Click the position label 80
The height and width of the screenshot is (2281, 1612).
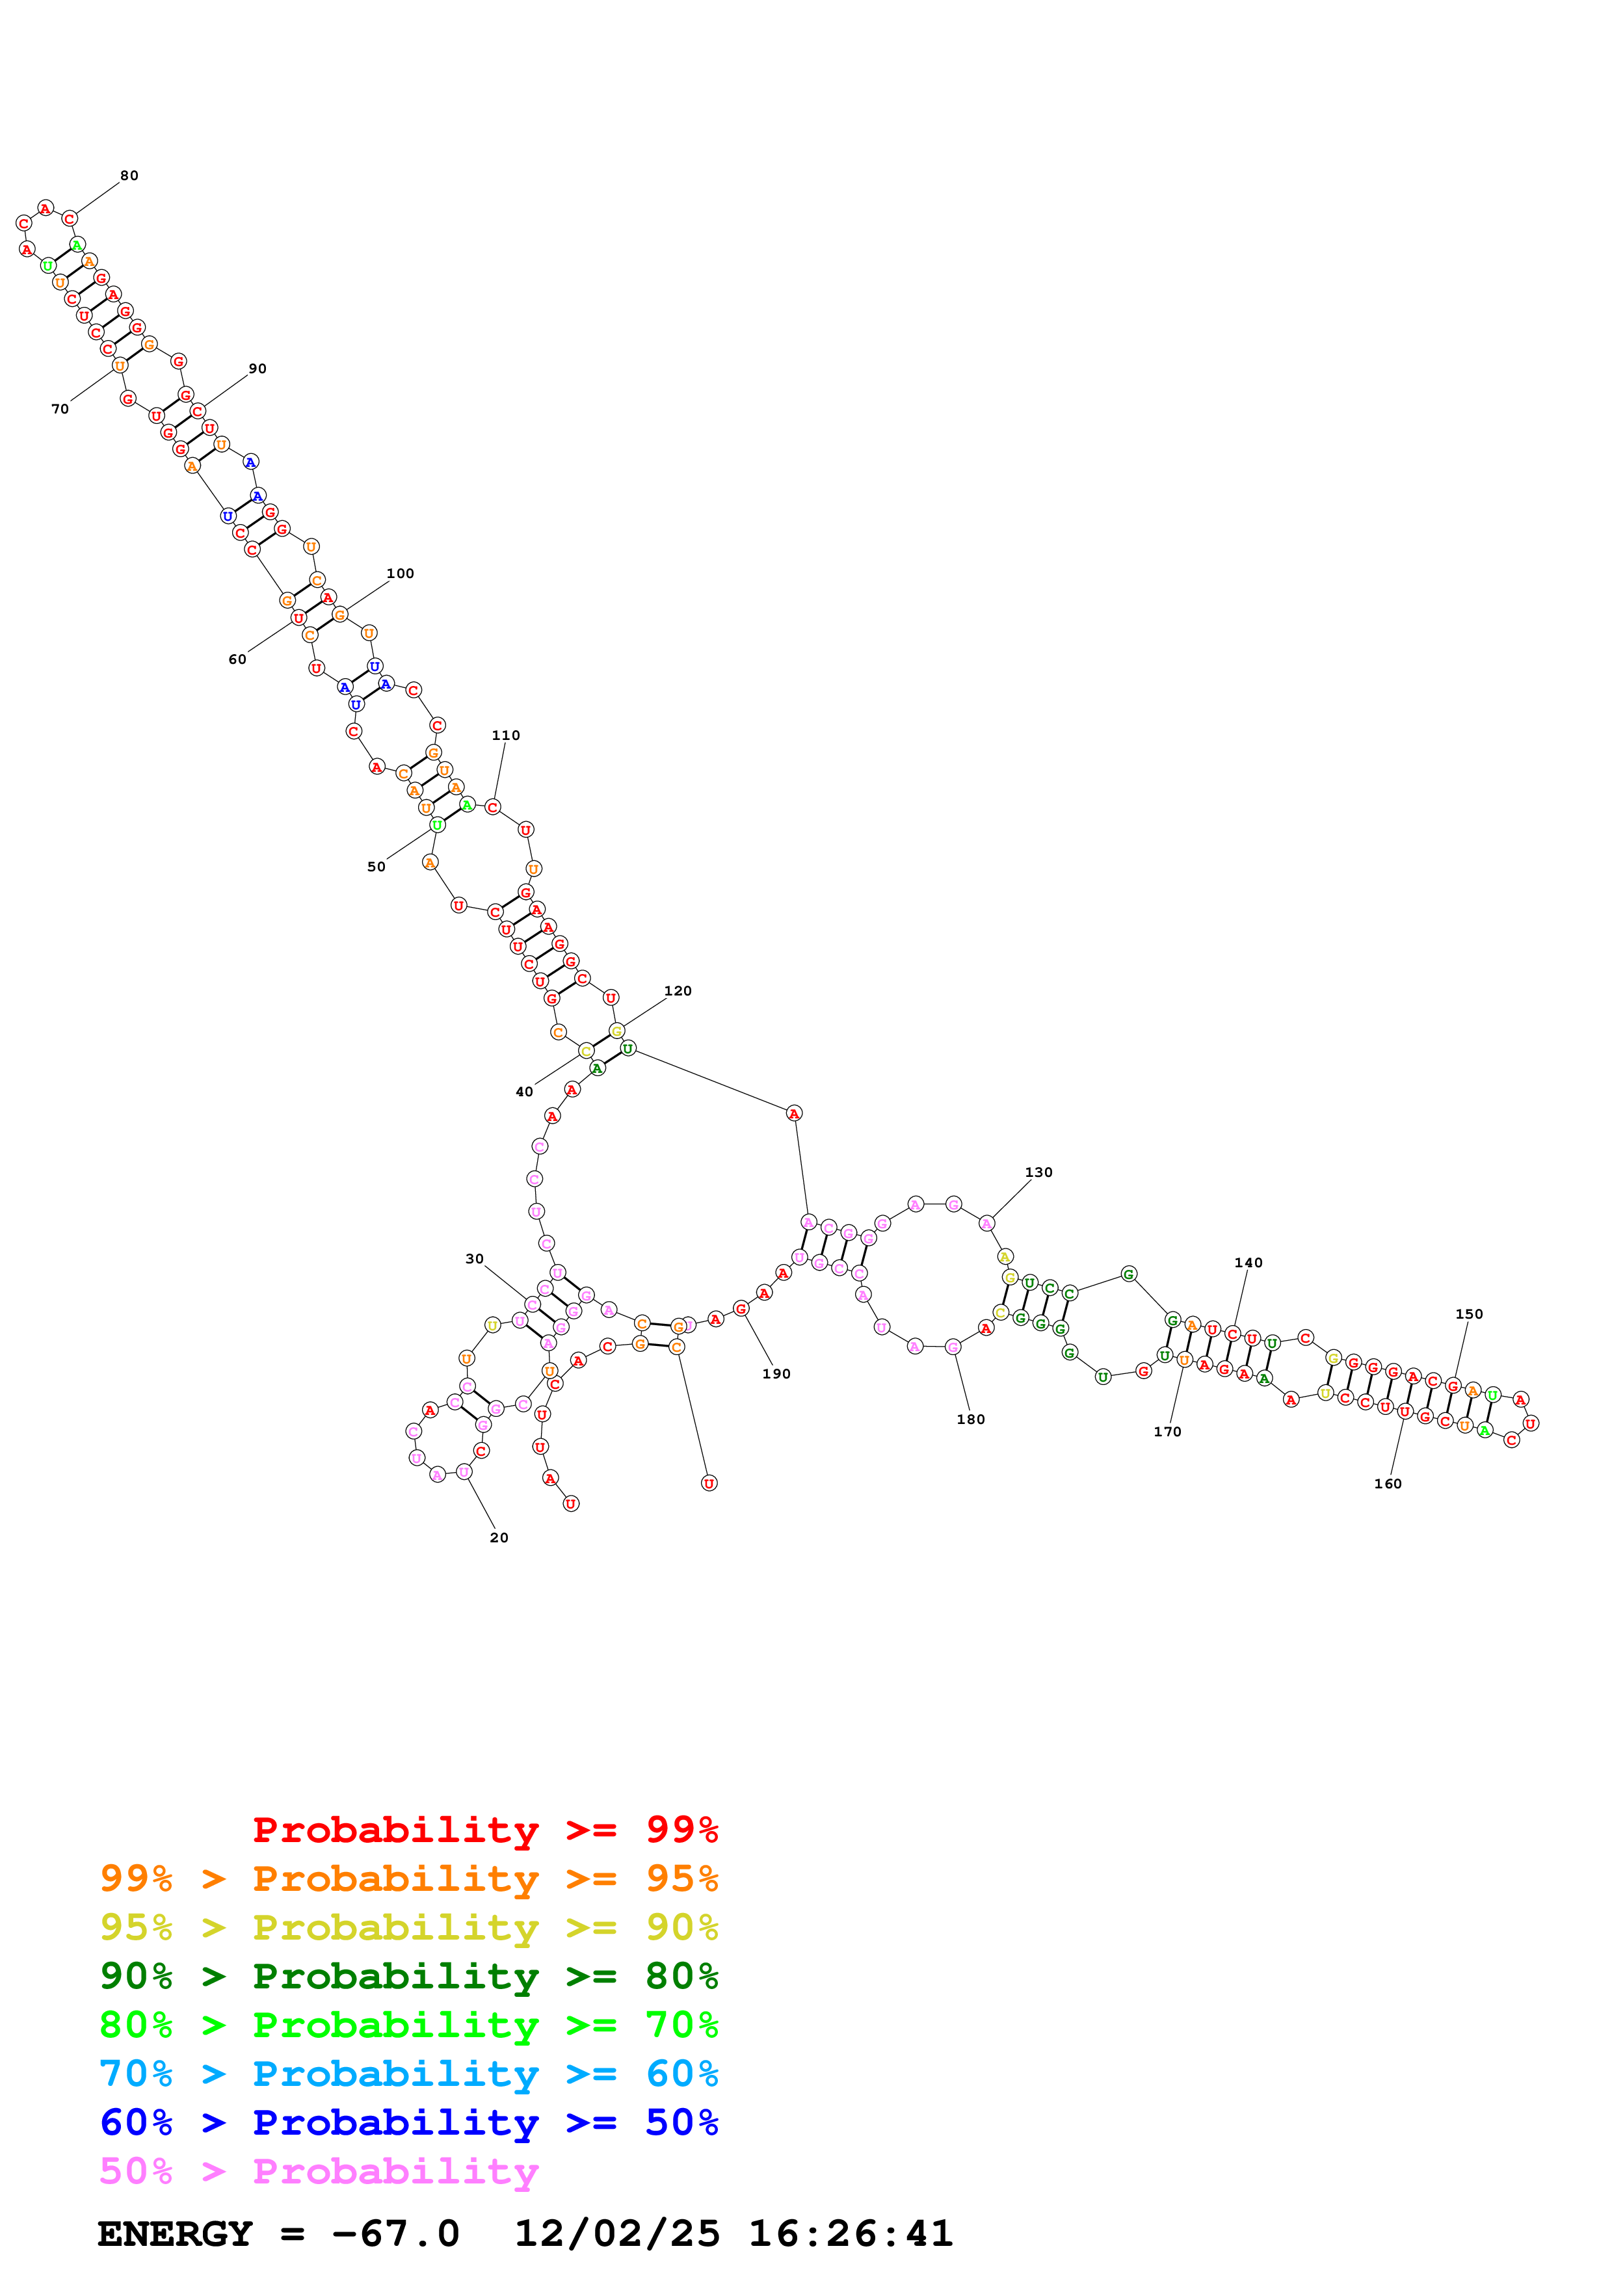pyautogui.click(x=129, y=176)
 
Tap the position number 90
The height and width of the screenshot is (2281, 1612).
pyautogui.click(x=258, y=369)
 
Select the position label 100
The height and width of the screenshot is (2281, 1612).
pyautogui.click(x=401, y=574)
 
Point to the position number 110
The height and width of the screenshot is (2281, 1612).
pyautogui.click(x=505, y=735)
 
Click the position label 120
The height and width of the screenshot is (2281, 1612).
pyautogui.click(x=678, y=990)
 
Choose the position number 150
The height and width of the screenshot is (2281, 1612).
pyautogui.click(x=1468, y=1313)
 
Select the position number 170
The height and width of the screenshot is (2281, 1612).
pyautogui.click(x=1167, y=1432)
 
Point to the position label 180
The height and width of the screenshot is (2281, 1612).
pyautogui.click(x=970, y=1419)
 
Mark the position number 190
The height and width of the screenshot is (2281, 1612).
pyautogui.click(x=776, y=1374)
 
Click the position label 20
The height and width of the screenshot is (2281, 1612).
pyautogui.click(x=499, y=1537)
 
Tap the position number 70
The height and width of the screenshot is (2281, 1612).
pyautogui.click(x=60, y=408)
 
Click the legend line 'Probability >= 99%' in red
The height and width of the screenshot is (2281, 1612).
pyautogui.click(x=484, y=1829)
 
